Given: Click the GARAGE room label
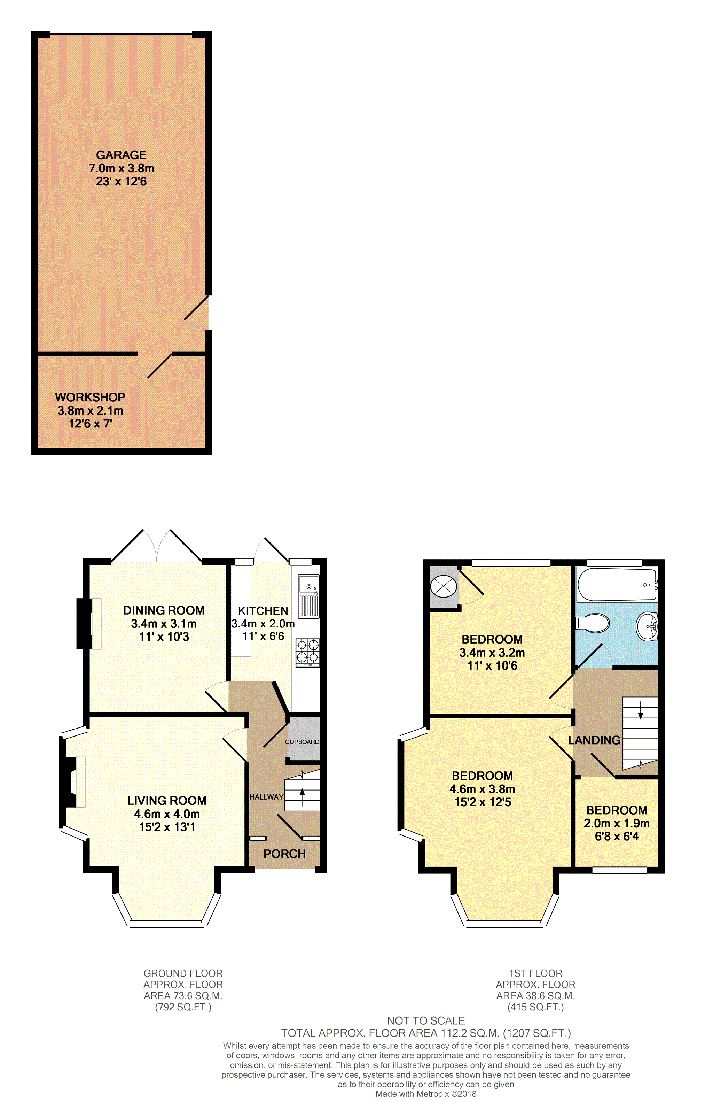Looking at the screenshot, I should coord(121,155).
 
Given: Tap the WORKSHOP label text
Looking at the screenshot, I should coord(90,397).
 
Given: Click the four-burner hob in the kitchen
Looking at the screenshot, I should coord(308,652).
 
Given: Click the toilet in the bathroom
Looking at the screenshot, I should coord(593,623).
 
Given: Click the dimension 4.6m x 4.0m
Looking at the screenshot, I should coord(167,814).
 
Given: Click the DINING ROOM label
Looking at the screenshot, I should coord(164,610).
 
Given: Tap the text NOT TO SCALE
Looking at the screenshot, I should coord(426,1020).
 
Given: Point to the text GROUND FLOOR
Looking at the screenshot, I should coord(183,973).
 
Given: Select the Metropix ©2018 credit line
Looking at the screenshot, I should coord(426,1094).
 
